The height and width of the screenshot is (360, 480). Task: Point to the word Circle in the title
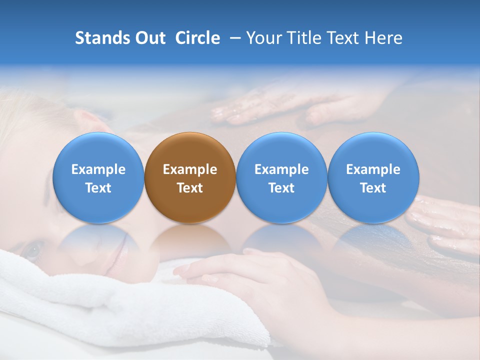pyautogui.click(x=197, y=38)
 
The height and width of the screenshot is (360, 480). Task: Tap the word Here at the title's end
pyautogui.click(x=383, y=38)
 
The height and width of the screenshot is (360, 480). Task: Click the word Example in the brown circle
pyautogui.click(x=190, y=169)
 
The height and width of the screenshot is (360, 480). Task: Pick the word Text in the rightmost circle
pyautogui.click(x=373, y=188)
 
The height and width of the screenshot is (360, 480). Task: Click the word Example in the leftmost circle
pyautogui.click(x=98, y=169)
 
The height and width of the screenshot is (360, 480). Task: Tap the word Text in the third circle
pyautogui.click(x=281, y=188)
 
